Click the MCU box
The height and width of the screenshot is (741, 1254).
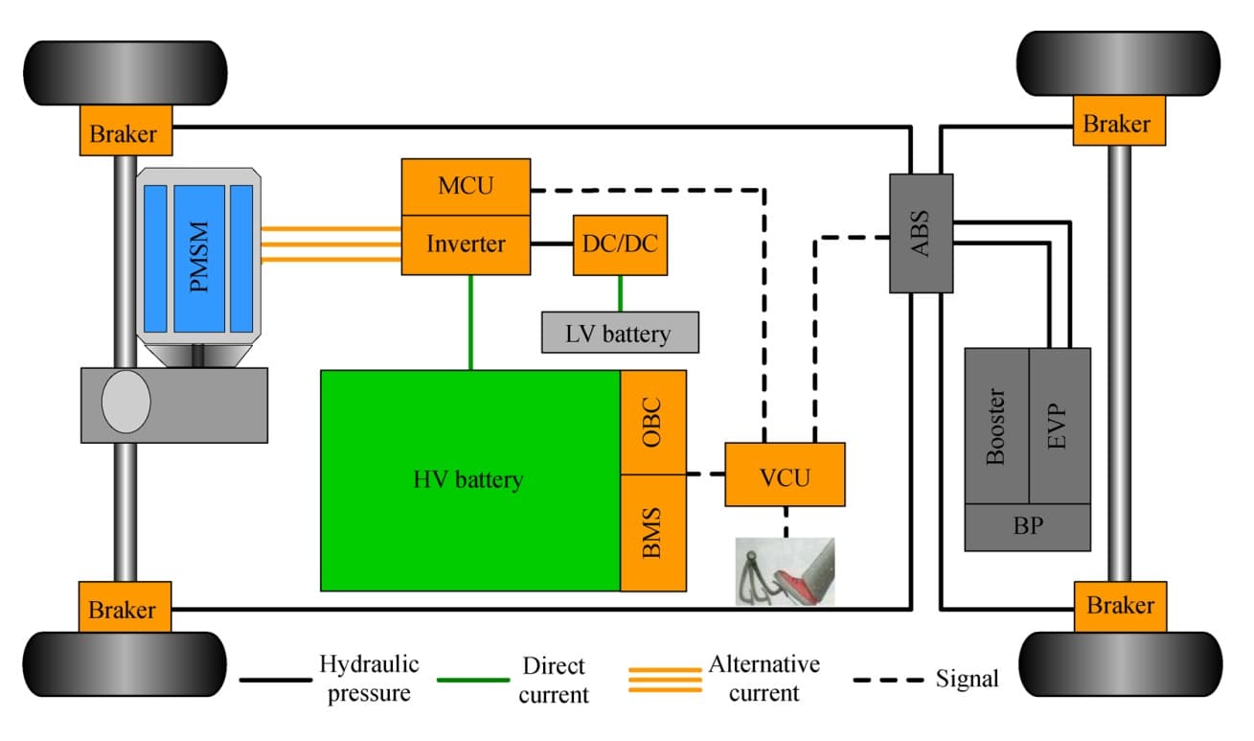coord(466,186)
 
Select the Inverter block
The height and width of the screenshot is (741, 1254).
coord(466,244)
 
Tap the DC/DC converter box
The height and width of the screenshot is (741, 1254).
coord(620,244)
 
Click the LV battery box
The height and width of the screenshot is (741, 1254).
coord(620,333)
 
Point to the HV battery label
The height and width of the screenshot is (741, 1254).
coord(468,479)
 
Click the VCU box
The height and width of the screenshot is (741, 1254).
coord(785,475)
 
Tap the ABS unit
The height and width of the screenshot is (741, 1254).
coord(922,233)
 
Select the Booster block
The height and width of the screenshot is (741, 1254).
coord(996,426)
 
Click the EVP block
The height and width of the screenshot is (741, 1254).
coord(1059,426)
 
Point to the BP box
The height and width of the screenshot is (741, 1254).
coord(1027,527)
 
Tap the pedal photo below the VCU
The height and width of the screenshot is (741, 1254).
coord(785,571)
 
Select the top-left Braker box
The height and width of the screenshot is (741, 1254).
coord(125,131)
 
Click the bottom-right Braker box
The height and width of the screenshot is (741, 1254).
coord(1120,606)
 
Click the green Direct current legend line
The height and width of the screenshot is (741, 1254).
coord(473,680)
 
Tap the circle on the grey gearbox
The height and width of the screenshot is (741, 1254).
coord(126,403)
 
